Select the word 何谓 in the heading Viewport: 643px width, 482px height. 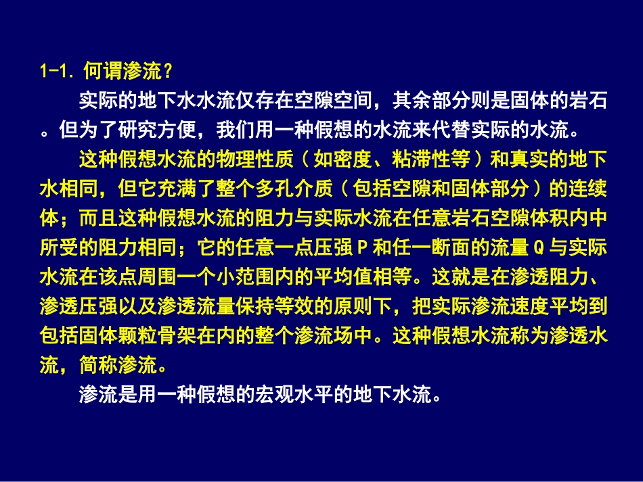point(102,70)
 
